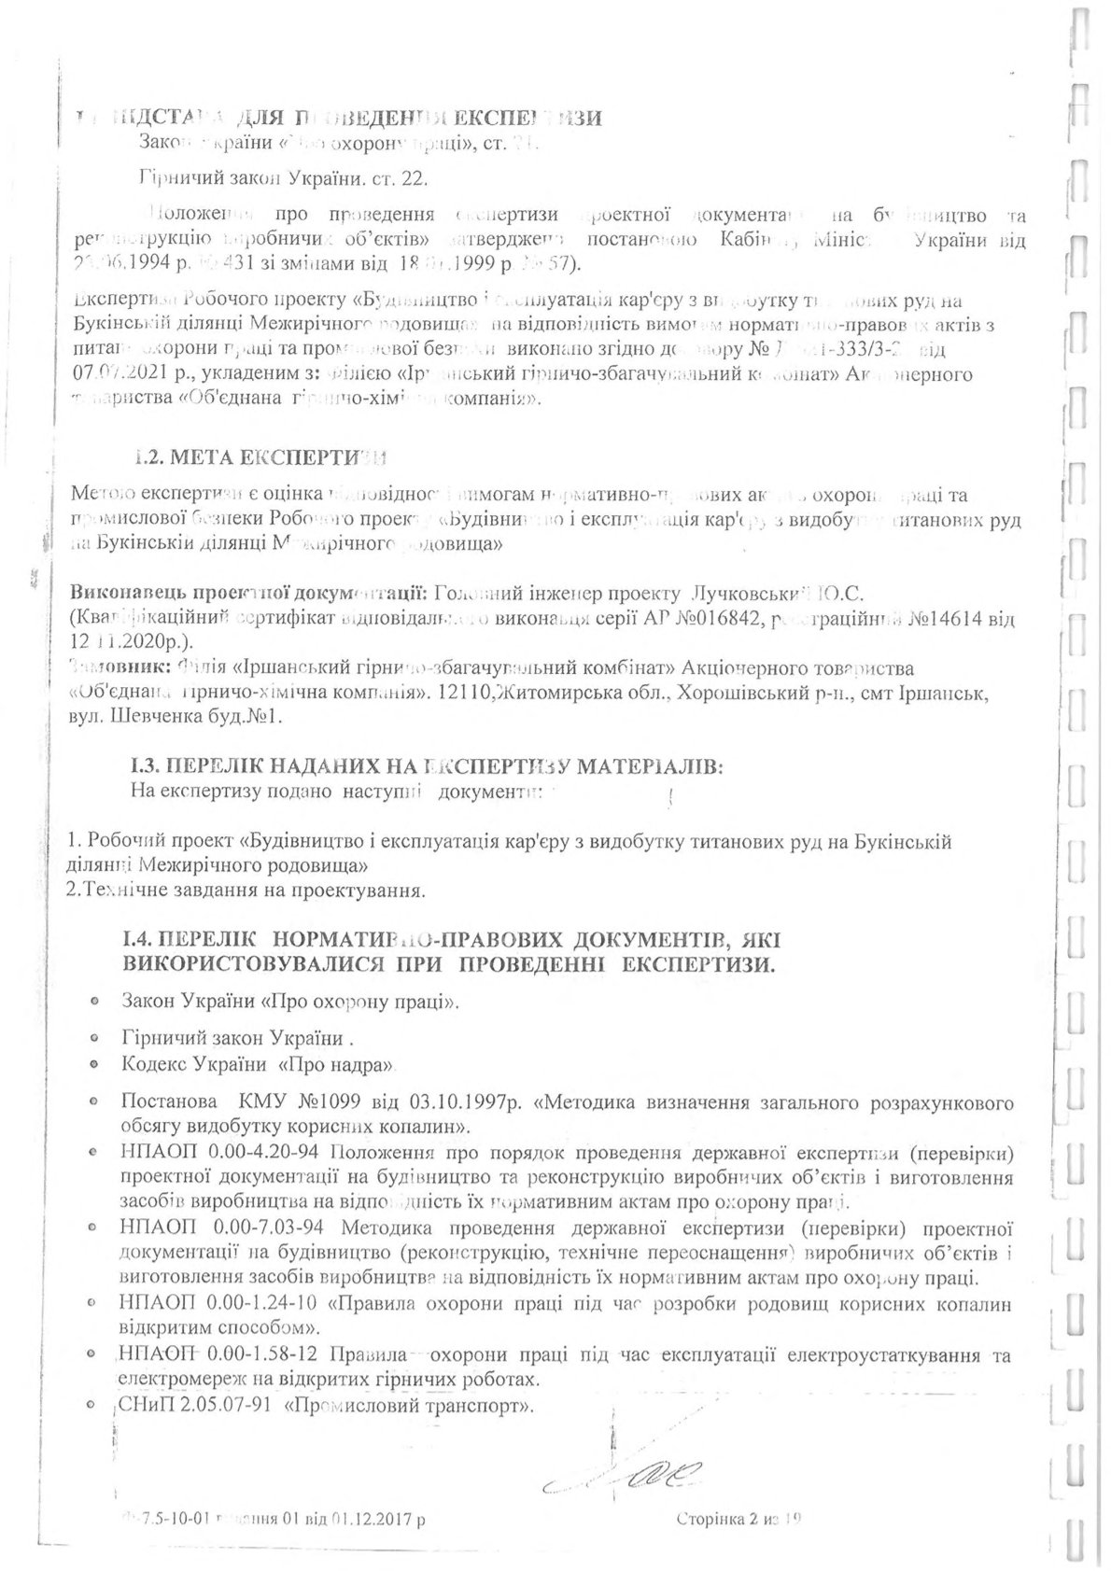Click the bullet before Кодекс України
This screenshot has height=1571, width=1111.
coord(94,1064)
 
